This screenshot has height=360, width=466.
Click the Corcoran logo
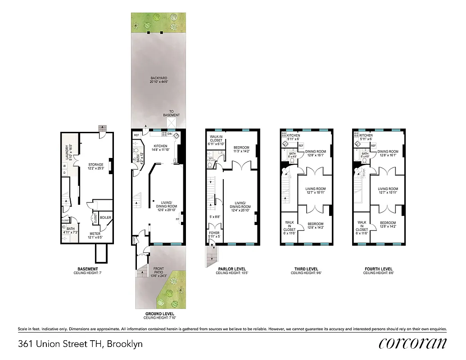click(x=412, y=343)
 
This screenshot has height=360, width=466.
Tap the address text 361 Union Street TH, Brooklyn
click(x=81, y=344)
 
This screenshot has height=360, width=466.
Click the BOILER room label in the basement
click(x=106, y=218)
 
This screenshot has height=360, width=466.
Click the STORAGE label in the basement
click(x=96, y=165)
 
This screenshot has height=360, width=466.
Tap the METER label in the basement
click(x=95, y=233)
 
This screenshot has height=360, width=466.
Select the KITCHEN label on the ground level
click(x=160, y=146)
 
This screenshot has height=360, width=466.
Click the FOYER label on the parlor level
click(x=214, y=233)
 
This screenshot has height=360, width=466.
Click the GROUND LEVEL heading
click(x=159, y=314)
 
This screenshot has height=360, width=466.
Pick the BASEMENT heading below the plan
click(x=87, y=269)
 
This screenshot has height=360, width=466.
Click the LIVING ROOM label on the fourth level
click(x=388, y=189)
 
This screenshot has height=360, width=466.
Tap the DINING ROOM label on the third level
click(x=315, y=152)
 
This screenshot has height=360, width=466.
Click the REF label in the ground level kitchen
click(x=136, y=135)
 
